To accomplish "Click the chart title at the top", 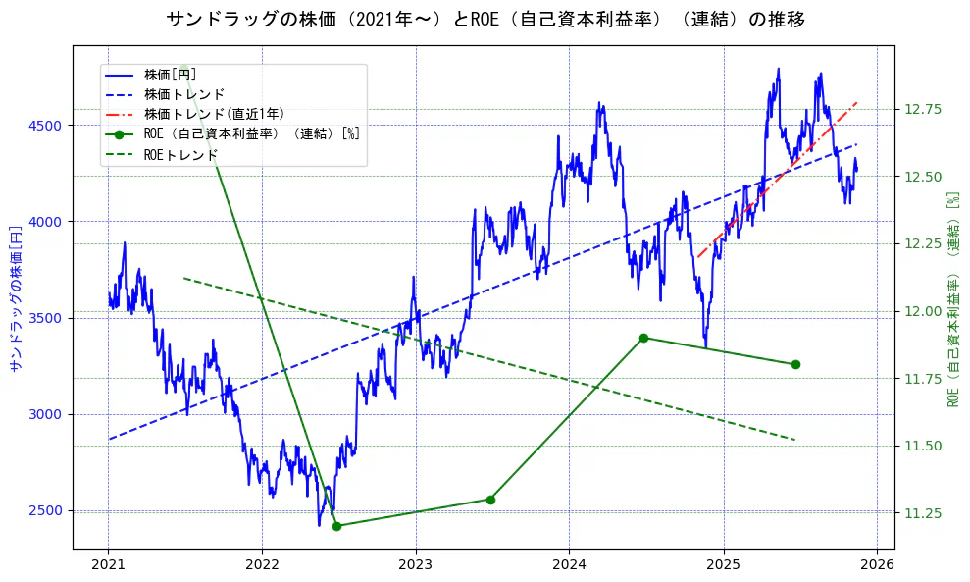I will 485,20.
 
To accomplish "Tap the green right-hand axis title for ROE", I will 952,299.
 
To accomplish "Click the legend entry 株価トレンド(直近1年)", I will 214,114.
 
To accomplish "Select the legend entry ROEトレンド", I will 180,154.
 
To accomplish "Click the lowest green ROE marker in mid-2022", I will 336,526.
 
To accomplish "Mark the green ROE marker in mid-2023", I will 490,500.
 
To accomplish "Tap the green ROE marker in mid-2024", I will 643,338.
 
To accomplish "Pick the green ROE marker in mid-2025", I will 795,364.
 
